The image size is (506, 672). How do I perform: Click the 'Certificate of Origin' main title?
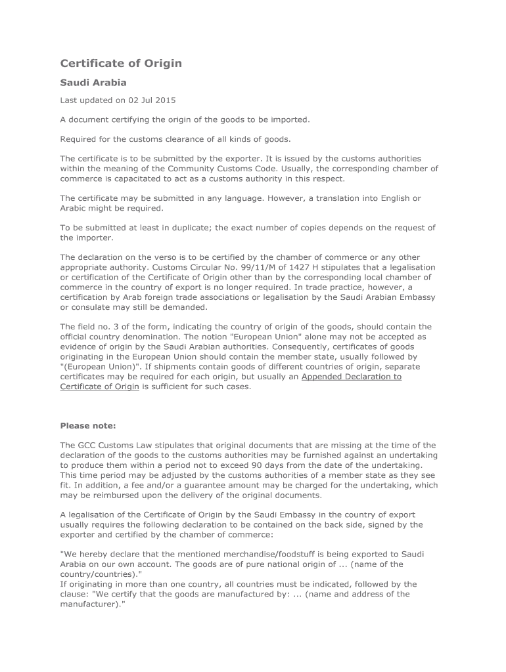point(121,64)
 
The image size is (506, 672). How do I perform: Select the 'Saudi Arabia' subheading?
point(93,83)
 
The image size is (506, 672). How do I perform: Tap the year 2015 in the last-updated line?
point(166,100)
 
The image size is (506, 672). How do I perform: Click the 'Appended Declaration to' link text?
point(351,377)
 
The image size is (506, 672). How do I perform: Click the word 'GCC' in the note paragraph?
point(88,446)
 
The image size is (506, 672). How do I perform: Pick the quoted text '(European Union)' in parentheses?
point(97,367)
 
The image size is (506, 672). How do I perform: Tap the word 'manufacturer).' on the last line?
point(92,604)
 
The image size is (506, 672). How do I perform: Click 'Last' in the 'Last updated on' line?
point(69,100)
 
